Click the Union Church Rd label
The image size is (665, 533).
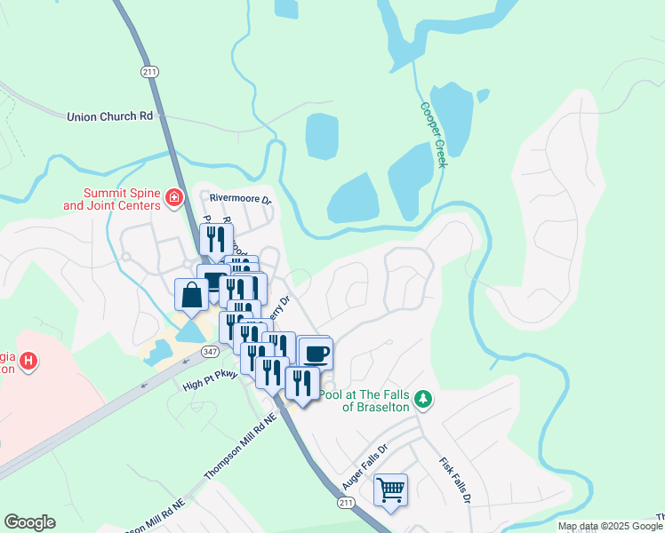click(x=109, y=116)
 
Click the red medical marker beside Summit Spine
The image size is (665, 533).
click(x=175, y=197)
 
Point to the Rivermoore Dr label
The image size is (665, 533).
click(x=239, y=199)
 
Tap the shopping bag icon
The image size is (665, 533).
click(x=192, y=295)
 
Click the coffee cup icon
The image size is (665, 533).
click(x=316, y=353)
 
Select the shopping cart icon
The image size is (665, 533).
click(x=390, y=489)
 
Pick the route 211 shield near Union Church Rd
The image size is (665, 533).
click(x=148, y=72)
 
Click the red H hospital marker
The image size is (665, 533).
click(x=28, y=361)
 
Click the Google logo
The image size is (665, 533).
click(x=29, y=522)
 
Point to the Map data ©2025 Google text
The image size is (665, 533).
click(x=610, y=527)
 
